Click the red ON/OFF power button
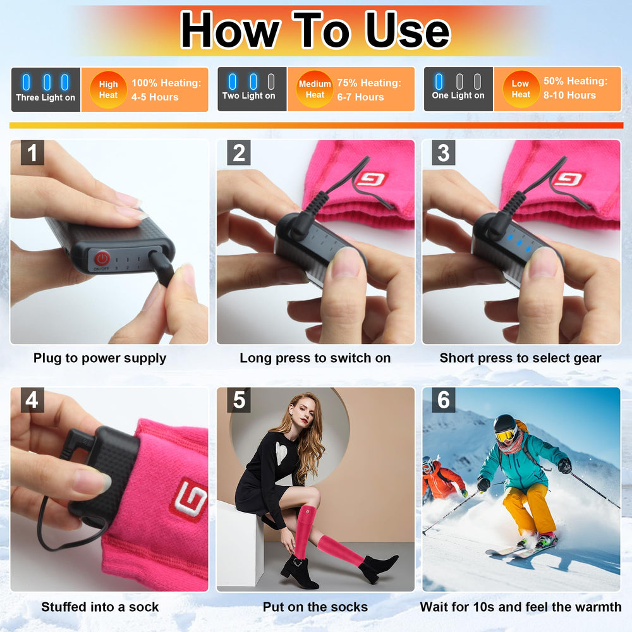[102, 258]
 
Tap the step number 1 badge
[33, 153]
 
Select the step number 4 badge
[33, 400]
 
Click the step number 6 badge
[444, 400]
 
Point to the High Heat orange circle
[108, 90]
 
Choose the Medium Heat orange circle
[314, 89]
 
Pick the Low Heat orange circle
[521, 89]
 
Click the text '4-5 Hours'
[155, 97]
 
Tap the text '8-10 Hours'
[569, 95]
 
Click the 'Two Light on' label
[248, 96]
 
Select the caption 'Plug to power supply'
[100, 358]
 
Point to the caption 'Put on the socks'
[315, 607]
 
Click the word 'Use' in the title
[408, 30]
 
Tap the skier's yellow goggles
[506, 435]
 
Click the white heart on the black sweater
[282, 453]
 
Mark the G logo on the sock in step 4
[189, 499]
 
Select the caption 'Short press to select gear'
[520, 358]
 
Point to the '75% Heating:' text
[369, 83]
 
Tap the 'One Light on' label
[458, 95]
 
